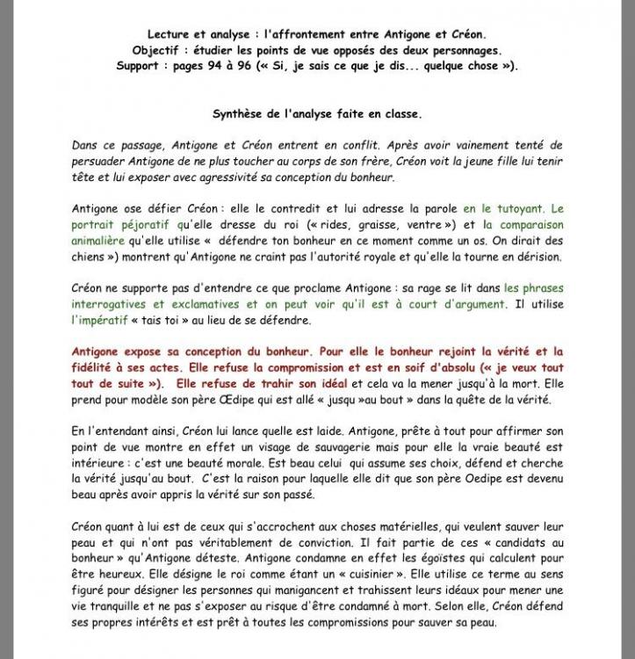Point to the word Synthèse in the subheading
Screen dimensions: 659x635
tap(240, 114)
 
